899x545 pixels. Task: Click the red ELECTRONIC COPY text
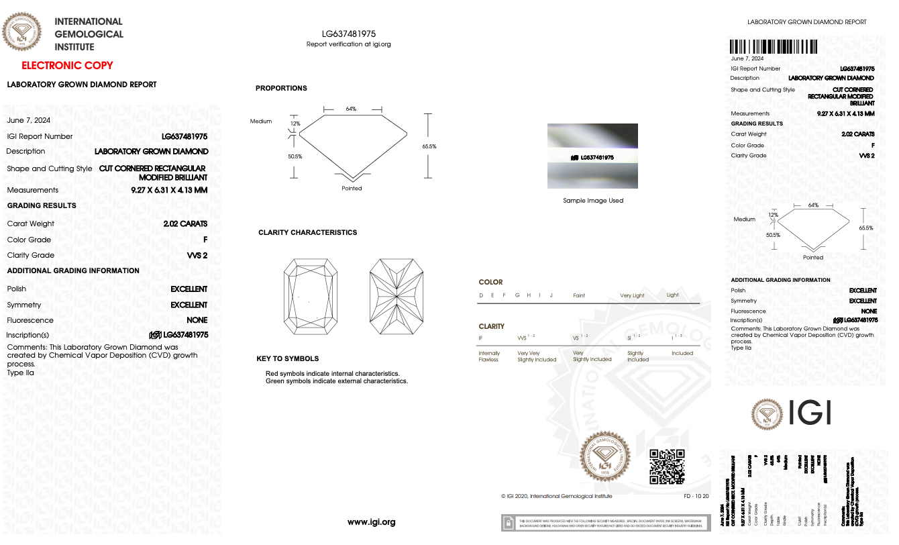(67, 65)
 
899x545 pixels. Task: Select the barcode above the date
(774, 47)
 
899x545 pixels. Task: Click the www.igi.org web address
(371, 522)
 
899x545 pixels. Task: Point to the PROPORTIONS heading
(281, 89)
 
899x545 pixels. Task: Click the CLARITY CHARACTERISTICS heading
(307, 232)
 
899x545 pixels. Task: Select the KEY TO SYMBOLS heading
(287, 358)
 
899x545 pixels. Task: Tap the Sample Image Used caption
(593, 201)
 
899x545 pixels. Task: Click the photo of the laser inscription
(592, 156)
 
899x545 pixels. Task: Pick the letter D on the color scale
(481, 295)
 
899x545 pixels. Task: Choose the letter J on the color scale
(551, 295)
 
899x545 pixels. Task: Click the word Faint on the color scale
(578, 295)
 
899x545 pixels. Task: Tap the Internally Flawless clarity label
(488, 356)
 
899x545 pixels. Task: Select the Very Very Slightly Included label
(537, 356)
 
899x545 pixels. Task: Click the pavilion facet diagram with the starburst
(397, 297)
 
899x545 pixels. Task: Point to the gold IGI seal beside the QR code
(606, 456)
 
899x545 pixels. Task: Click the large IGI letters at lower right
(810, 412)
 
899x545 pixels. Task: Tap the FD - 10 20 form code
(696, 496)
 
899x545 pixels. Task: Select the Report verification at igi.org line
(348, 44)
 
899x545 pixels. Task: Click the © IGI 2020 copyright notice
(556, 496)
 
